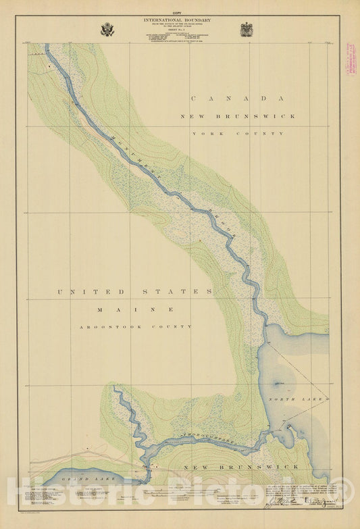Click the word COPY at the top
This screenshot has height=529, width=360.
178,14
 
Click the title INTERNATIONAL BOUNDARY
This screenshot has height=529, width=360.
178,20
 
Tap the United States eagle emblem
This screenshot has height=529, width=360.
107,30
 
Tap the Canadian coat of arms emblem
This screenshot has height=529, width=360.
247,30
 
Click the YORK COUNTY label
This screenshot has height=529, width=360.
237,134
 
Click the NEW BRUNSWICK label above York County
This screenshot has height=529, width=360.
237,116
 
